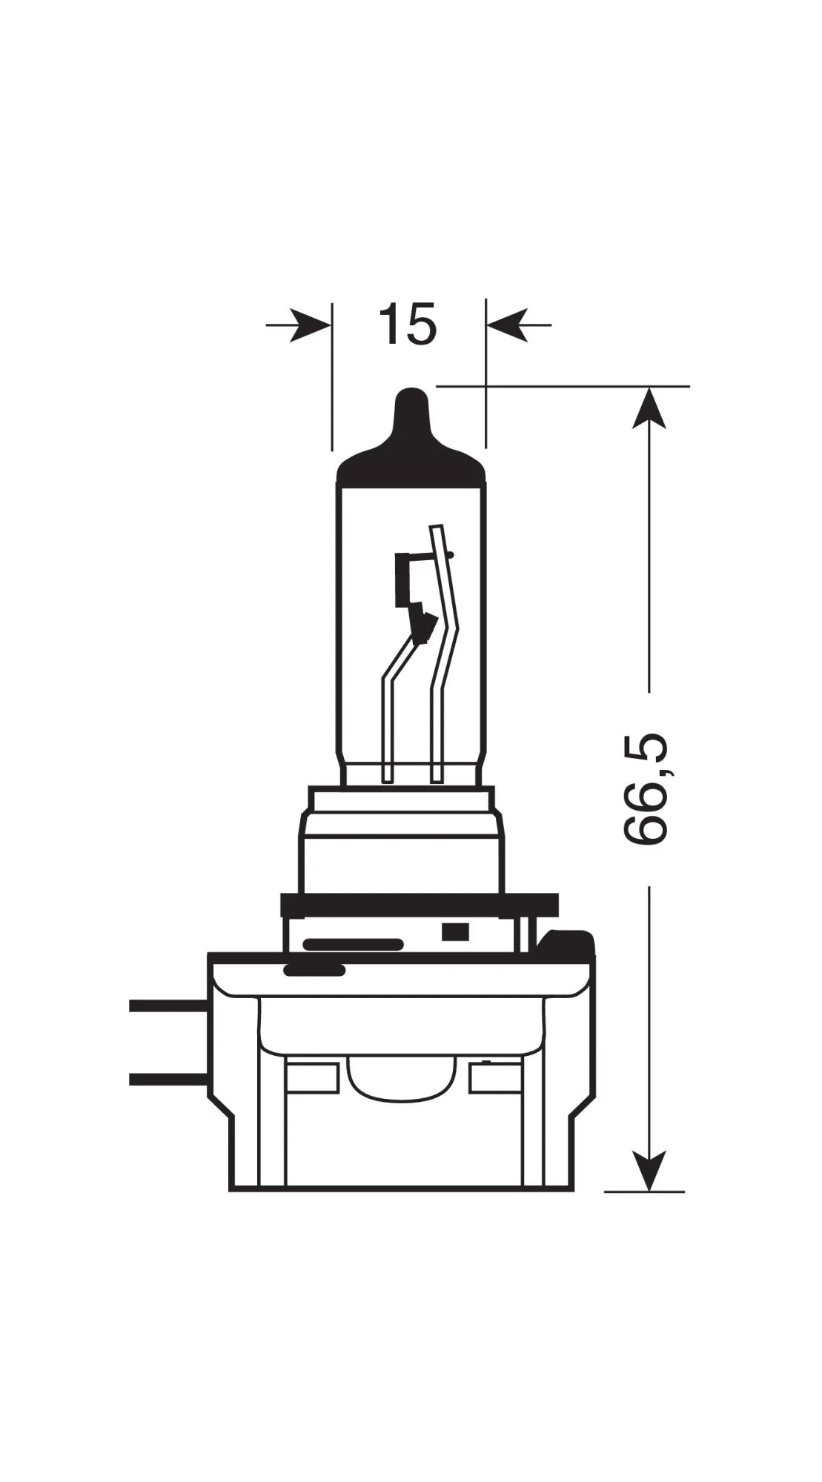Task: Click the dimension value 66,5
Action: pyautogui.click(x=644, y=789)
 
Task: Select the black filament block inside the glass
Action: pyautogui.click(x=404, y=578)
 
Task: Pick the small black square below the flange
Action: pyautogui.click(x=453, y=931)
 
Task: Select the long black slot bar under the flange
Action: pyautogui.click(x=353, y=945)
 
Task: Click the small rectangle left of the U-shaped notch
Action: pyautogui.click(x=311, y=1078)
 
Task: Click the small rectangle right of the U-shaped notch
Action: pyautogui.click(x=494, y=1078)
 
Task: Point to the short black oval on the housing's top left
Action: pyautogui.click(x=314, y=969)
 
